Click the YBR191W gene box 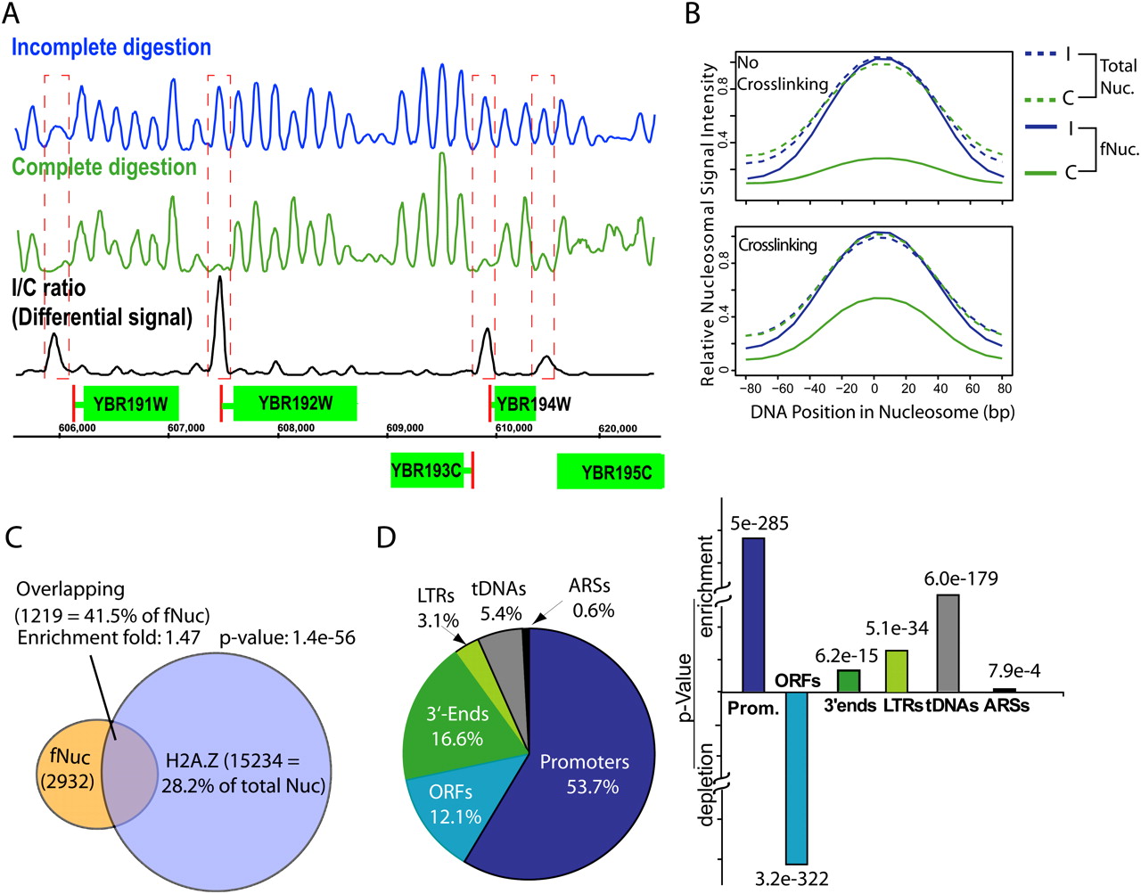(x=131, y=404)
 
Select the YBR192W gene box (x=295, y=404)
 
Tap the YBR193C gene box (x=426, y=471)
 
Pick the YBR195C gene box (x=611, y=472)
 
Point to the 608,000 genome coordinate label (x=296, y=429)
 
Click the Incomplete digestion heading (x=111, y=47)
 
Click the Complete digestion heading (x=104, y=167)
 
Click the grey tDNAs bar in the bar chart (x=948, y=643)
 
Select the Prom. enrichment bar (x=753, y=614)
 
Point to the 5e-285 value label (x=759, y=523)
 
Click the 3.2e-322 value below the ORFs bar (x=792, y=879)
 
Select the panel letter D (x=385, y=538)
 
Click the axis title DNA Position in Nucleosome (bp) (x=882, y=412)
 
